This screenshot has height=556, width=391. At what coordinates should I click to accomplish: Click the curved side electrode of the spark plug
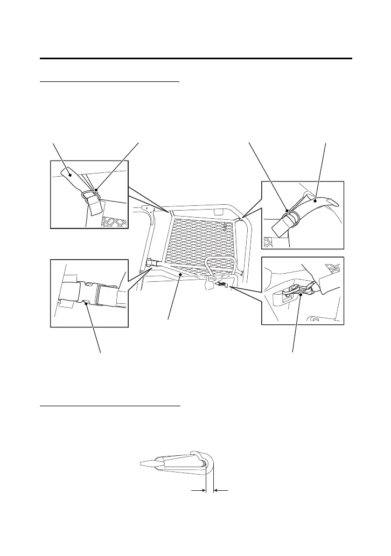click(x=210, y=463)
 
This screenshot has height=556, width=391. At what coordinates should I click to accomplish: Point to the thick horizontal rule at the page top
click(x=195, y=58)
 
